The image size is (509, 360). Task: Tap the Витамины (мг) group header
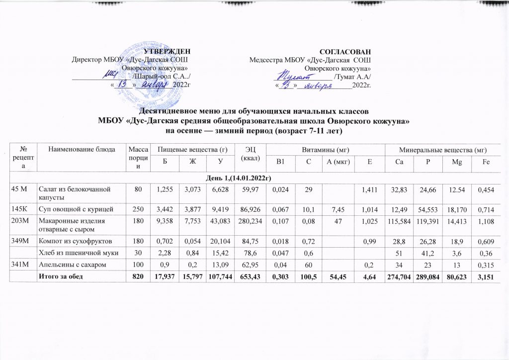pos(325,149)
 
